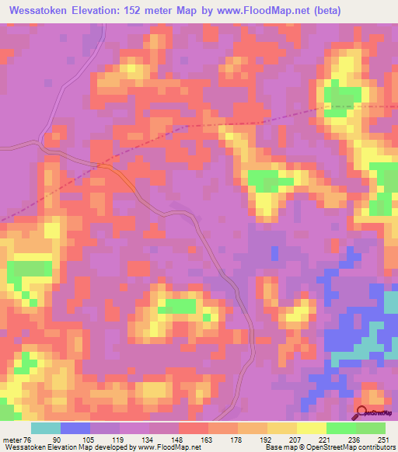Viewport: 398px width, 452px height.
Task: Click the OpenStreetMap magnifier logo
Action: click(x=363, y=412)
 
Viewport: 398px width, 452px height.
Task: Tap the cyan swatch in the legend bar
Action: click(x=45, y=428)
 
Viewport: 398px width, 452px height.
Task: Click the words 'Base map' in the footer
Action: click(x=279, y=446)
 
